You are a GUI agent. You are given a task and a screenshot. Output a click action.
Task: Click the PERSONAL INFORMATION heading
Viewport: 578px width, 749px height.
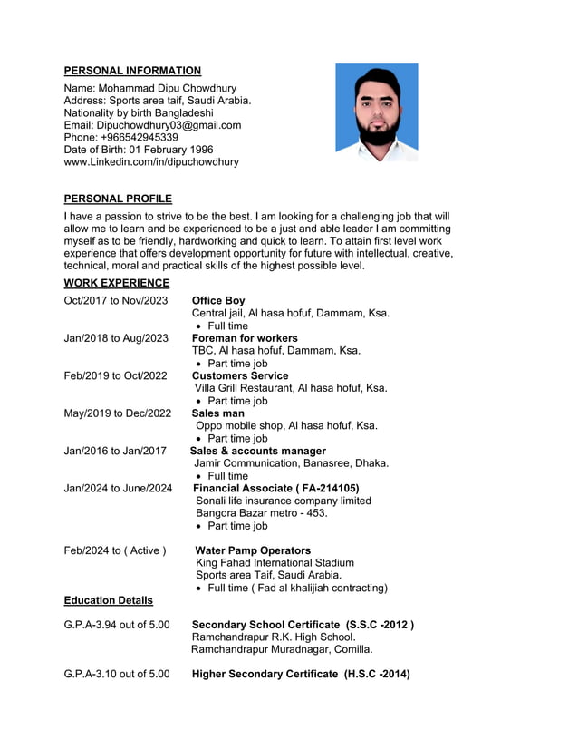[x=132, y=71]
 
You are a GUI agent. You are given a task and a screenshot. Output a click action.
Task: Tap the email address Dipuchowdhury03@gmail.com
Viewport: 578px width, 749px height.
[x=152, y=125]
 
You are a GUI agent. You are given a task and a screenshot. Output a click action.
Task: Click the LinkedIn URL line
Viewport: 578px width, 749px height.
[x=151, y=162]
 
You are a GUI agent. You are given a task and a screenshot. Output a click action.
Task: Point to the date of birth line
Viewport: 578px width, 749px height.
[x=139, y=150]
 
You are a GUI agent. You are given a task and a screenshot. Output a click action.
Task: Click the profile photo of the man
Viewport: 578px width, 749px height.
[x=376, y=112]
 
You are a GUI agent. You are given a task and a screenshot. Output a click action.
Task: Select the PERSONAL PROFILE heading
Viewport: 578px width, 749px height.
[x=118, y=199]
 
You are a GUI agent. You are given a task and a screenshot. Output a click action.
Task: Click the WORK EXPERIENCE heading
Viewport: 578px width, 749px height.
[x=116, y=283]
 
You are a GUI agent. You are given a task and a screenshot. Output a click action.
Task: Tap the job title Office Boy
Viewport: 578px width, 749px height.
[x=218, y=301]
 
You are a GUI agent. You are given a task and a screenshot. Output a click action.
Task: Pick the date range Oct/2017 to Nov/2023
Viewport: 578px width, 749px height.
[x=116, y=301]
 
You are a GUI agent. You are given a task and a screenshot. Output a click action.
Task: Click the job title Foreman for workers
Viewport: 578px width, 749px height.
[x=245, y=338]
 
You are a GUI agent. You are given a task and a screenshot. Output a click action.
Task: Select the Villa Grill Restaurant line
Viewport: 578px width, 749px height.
[x=291, y=388]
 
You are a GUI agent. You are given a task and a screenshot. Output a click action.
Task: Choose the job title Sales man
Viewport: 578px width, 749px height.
[x=218, y=413]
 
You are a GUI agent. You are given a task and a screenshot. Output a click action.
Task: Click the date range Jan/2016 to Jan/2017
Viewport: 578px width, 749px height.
[x=115, y=451]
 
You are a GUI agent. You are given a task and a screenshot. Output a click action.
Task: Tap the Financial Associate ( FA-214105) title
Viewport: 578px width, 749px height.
[x=276, y=488]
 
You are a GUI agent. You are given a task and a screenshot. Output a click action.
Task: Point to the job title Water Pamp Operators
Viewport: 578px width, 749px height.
[x=253, y=550]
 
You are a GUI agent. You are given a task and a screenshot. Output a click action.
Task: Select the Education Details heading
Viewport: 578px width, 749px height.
[x=108, y=600]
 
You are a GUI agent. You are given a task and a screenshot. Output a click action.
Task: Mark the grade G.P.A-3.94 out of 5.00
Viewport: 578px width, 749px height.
[x=116, y=625]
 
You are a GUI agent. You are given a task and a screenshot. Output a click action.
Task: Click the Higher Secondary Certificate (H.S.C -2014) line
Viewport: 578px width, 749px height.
[x=301, y=674]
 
